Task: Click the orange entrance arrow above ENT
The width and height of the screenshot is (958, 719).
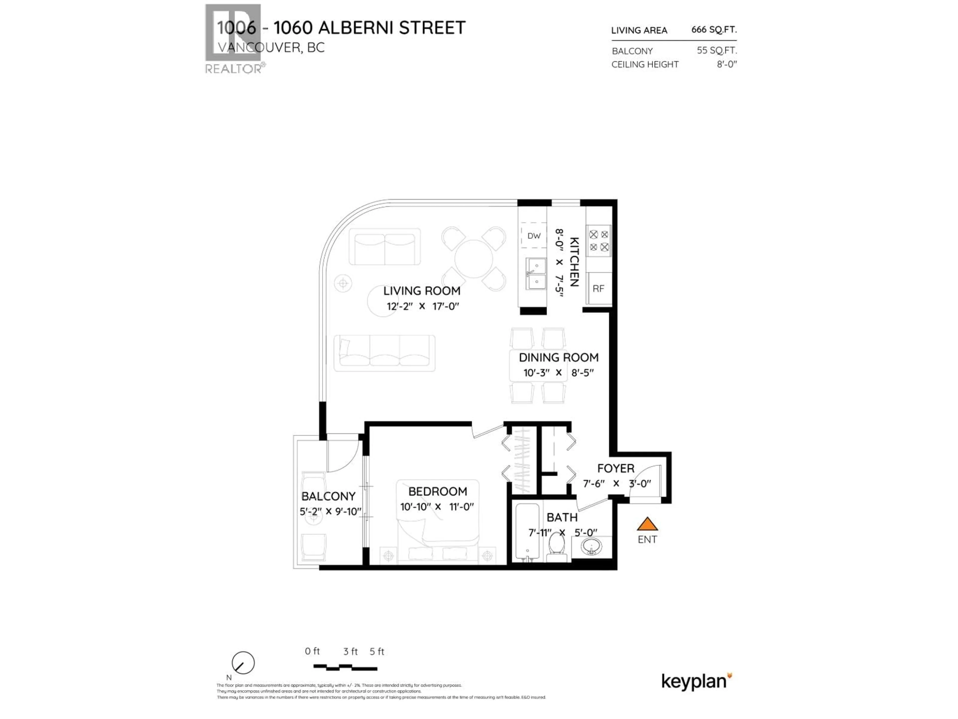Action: click(647, 525)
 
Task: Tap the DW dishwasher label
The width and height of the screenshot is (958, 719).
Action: click(534, 236)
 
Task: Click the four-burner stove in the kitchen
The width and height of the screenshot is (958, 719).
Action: click(599, 240)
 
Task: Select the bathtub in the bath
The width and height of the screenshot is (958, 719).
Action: click(527, 533)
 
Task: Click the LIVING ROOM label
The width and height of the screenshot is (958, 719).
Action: click(421, 291)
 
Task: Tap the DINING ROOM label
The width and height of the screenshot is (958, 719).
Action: click(558, 358)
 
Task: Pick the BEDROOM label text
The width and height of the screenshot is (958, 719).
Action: click(437, 492)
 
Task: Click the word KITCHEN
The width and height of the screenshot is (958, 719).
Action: click(574, 262)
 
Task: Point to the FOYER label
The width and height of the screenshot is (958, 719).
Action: click(615, 469)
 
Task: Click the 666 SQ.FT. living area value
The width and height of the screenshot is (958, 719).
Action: click(714, 29)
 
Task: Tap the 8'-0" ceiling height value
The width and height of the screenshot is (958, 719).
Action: click(726, 64)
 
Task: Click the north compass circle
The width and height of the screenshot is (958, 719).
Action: click(243, 663)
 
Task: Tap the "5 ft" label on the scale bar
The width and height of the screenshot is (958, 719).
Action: click(377, 651)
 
